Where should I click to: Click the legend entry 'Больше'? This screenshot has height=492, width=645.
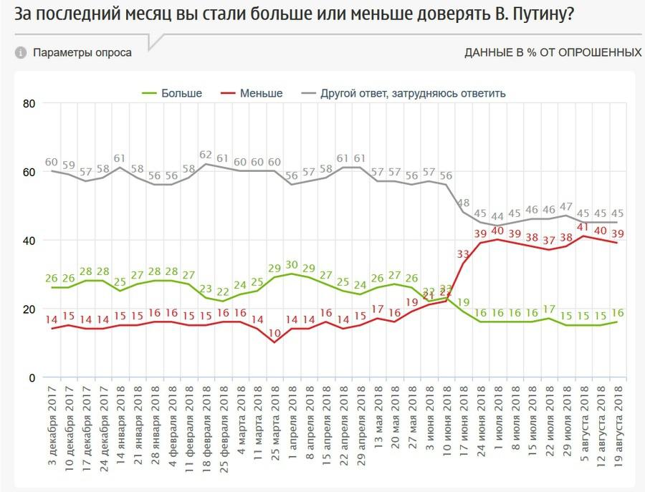(x=181, y=93)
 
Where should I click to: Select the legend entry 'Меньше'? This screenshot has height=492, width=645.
(x=261, y=93)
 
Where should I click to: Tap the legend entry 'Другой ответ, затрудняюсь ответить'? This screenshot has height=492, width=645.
(x=413, y=93)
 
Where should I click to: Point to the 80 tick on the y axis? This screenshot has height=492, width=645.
(x=29, y=103)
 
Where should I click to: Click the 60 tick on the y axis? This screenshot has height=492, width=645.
(x=29, y=172)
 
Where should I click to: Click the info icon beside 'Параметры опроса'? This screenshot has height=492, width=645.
(x=21, y=52)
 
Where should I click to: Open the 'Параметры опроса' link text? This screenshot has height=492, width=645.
(x=82, y=52)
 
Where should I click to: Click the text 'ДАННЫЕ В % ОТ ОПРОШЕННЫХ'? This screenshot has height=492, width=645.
(x=553, y=52)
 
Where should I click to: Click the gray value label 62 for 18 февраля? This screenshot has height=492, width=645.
(x=206, y=155)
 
